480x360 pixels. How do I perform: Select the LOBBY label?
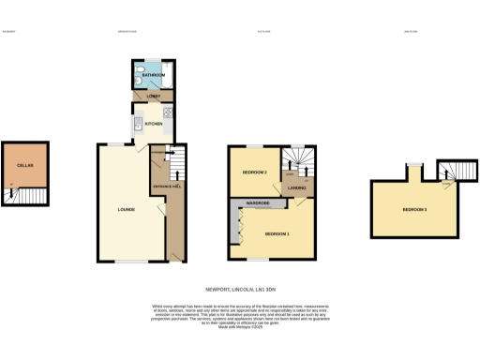tap(153, 96)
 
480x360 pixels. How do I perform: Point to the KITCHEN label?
tap(154, 124)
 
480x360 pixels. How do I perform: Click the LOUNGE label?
tap(126, 208)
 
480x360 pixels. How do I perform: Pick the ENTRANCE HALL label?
tap(165, 186)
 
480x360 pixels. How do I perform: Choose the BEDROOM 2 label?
tap(255, 173)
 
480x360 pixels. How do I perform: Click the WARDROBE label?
tap(259, 202)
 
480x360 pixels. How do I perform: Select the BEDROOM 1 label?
tap(277, 232)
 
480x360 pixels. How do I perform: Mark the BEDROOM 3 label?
tap(414, 209)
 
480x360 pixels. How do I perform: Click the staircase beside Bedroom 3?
tap(451, 171)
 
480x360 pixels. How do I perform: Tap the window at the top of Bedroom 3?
tap(410, 166)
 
